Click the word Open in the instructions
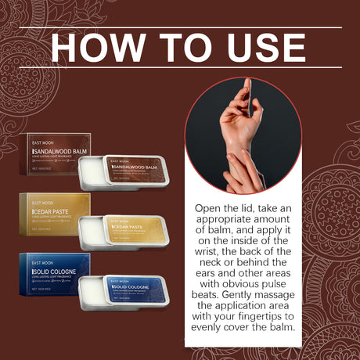(210, 211)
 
